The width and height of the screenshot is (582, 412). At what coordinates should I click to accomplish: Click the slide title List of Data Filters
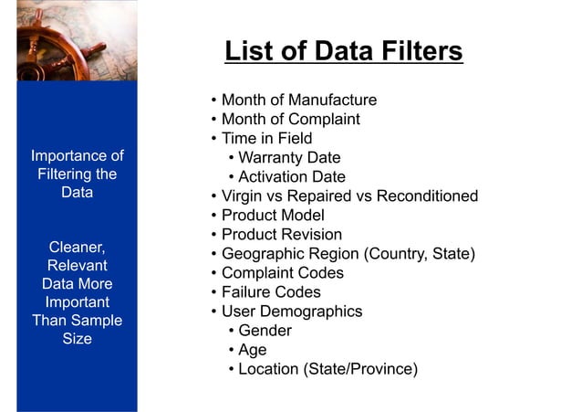click(x=343, y=51)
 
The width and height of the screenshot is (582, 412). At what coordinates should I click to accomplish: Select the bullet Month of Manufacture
click(x=298, y=100)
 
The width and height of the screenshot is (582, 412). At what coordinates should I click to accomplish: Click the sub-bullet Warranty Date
click(x=288, y=158)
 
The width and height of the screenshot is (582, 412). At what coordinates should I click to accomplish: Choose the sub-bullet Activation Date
click(x=291, y=177)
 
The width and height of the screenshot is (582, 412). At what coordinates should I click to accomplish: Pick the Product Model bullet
click(x=273, y=216)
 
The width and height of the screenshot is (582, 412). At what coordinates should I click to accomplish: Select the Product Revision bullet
click(x=282, y=235)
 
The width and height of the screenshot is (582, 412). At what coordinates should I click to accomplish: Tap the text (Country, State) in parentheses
click(x=420, y=254)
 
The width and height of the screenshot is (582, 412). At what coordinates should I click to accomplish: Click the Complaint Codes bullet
click(x=283, y=273)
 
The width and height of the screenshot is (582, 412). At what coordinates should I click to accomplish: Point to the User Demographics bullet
click(x=292, y=312)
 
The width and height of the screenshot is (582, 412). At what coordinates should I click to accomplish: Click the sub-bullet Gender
click(x=265, y=331)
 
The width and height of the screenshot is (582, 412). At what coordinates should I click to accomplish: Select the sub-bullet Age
click(x=252, y=350)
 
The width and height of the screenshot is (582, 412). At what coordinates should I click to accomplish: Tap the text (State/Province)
click(x=364, y=370)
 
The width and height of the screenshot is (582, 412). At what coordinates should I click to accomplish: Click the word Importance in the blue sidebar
click(x=68, y=155)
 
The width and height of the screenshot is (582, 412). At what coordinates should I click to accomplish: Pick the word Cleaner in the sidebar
click(x=76, y=247)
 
